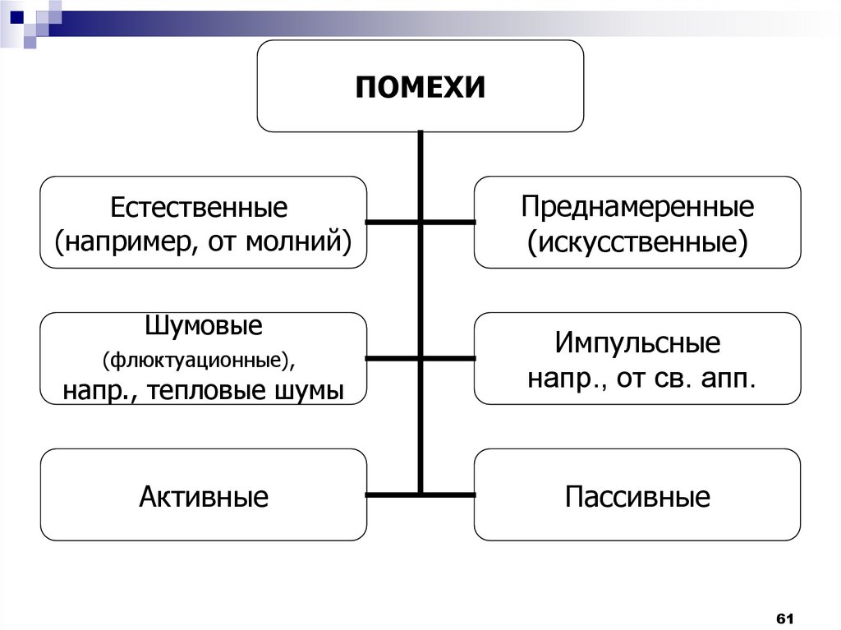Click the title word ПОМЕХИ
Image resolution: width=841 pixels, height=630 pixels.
pos(420,86)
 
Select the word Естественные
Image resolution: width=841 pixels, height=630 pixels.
pos(200,207)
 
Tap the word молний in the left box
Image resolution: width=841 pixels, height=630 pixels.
pos(305,241)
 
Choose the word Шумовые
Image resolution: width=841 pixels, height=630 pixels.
pos(204,325)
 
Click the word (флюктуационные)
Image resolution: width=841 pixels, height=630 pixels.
pos(198,360)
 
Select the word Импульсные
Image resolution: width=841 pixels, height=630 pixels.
pos(637,343)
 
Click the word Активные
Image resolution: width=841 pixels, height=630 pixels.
pos(204,496)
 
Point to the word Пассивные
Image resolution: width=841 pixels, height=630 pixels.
pos(637,496)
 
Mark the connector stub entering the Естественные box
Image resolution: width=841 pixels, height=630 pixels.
pos(392,222)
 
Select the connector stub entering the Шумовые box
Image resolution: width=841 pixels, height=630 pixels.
pos(392,358)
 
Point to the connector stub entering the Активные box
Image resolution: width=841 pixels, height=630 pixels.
pos(392,494)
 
